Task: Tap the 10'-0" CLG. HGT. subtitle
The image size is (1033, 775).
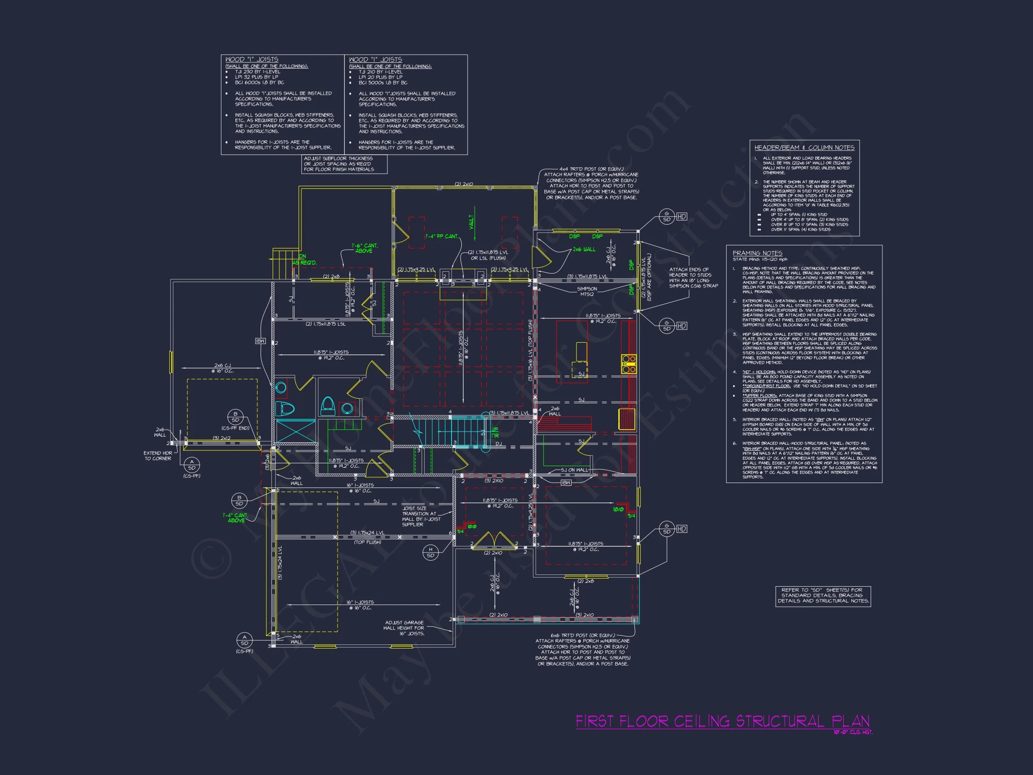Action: click(x=853, y=732)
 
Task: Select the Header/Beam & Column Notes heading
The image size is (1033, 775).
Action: click(x=804, y=148)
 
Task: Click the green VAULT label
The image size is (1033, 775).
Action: click(x=472, y=222)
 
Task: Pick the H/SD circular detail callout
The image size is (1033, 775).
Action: click(x=430, y=552)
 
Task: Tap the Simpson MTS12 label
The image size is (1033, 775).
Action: click(x=586, y=292)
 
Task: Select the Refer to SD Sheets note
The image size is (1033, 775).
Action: click(x=823, y=596)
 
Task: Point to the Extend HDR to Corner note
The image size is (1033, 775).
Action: click(x=157, y=456)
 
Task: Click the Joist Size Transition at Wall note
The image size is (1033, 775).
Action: click(x=421, y=516)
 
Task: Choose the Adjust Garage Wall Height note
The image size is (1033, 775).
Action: click(x=404, y=628)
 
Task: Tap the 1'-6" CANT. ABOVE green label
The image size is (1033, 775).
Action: click(x=364, y=248)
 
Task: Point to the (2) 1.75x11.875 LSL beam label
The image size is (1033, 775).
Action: click(x=326, y=324)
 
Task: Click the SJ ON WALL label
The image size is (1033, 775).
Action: click(x=574, y=470)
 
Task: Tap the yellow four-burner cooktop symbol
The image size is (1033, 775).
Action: click(x=629, y=364)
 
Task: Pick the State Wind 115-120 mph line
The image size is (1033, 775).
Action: click(x=760, y=259)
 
